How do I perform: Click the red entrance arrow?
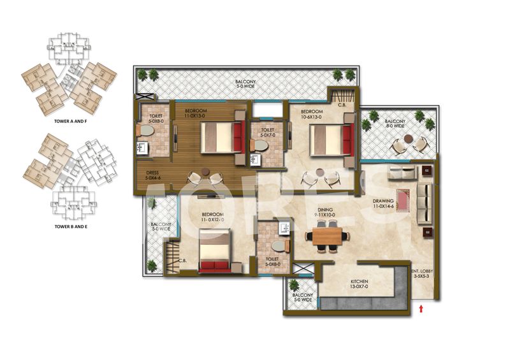[421, 309]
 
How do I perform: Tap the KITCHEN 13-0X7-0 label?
[360, 285]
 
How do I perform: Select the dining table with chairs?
[330, 237]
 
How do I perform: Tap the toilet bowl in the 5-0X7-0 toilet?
[260, 145]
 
